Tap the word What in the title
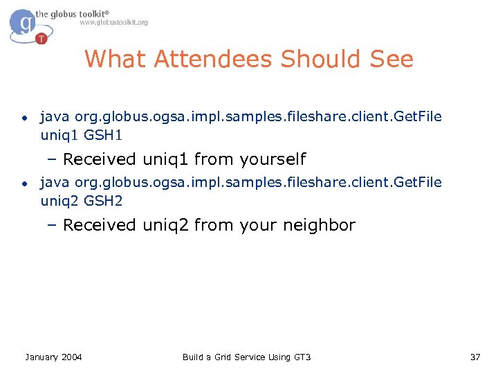116,60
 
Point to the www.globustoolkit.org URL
113,22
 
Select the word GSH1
103,134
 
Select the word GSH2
103,200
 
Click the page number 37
474,357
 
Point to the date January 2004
53,357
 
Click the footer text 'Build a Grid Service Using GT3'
246,357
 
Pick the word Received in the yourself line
100,159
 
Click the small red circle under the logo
41,38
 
